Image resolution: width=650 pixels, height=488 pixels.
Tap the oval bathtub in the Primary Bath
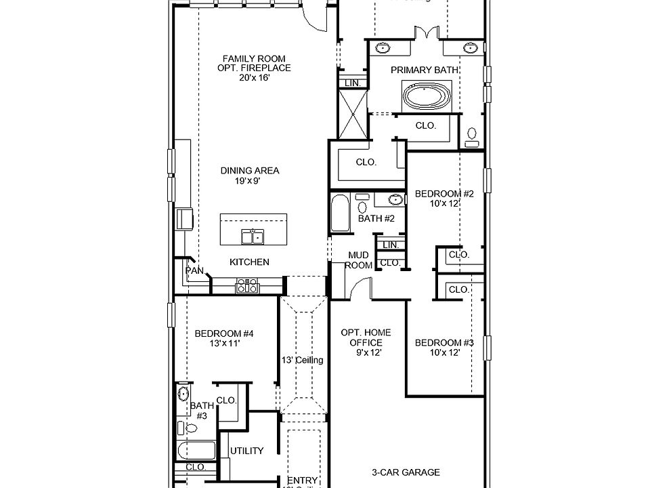coord(427,96)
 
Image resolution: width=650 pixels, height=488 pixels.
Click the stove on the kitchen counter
coord(247,288)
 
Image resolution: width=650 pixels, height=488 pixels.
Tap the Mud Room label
coord(358,260)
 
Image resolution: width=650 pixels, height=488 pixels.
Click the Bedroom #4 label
coord(224,338)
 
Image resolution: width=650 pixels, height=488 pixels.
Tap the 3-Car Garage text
coord(406,472)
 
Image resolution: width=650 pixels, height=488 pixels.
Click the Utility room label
coord(246,451)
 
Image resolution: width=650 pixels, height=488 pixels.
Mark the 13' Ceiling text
coord(303,360)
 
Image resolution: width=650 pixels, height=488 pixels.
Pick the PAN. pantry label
coord(195,270)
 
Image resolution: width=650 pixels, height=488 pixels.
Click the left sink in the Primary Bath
coord(383,48)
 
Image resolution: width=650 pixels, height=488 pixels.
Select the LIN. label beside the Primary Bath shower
coord(352,83)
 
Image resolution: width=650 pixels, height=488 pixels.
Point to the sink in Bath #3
coord(182,394)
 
